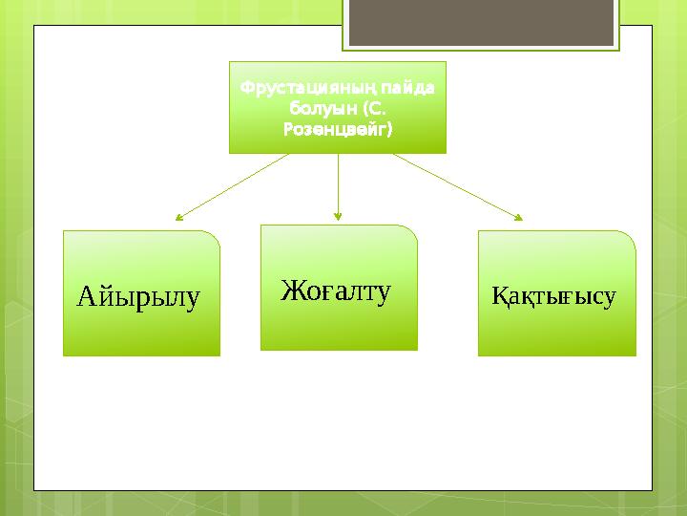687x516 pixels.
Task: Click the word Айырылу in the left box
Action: (138, 298)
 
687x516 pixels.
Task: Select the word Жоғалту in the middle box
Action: (336, 290)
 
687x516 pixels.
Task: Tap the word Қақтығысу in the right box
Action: (553, 296)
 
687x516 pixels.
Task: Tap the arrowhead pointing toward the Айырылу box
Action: (179, 218)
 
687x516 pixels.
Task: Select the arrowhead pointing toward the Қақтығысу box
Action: (520, 218)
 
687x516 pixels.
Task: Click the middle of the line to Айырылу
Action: (233, 186)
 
